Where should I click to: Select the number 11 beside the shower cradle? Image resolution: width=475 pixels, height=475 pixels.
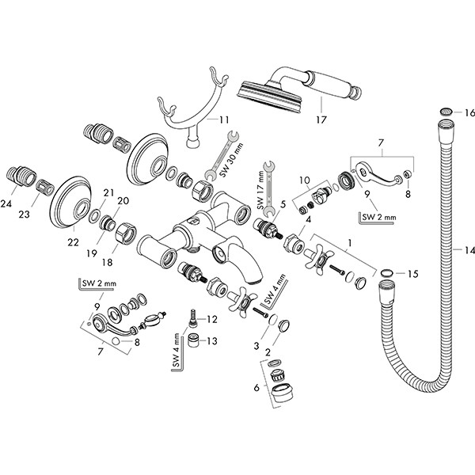pos(224,120)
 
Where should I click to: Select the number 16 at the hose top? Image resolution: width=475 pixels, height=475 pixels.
pos(468,114)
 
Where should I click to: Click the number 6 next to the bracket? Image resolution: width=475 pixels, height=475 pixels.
pos(255,388)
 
